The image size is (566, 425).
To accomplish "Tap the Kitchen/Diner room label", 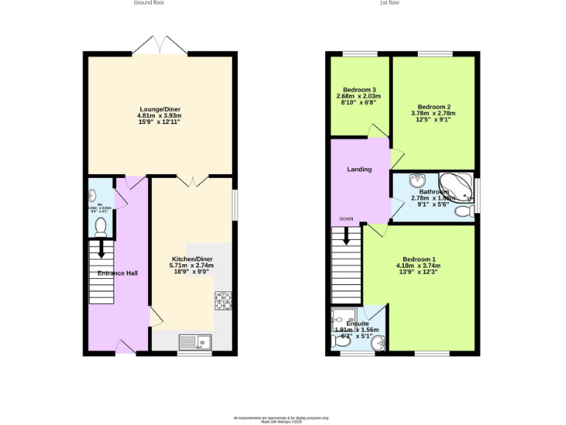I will coord(192,258).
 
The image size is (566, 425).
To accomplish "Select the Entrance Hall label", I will coord(117,273).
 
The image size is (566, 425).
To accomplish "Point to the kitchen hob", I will coord(223,301).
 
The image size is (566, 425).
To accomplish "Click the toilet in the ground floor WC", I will coord(101,227).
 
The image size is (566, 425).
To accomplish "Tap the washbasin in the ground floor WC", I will coord(92,196).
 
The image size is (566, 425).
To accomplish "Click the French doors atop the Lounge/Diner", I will coord(164,45).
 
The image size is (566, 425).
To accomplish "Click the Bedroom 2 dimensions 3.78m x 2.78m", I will coord(433,113).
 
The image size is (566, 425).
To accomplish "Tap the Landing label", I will coord(360,169).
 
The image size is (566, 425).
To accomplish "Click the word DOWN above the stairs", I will coord(346,219).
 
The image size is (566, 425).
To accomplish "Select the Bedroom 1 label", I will coord(418,259).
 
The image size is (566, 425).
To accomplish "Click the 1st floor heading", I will coord(389,3).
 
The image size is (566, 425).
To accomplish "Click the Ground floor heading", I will coord(149,3).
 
